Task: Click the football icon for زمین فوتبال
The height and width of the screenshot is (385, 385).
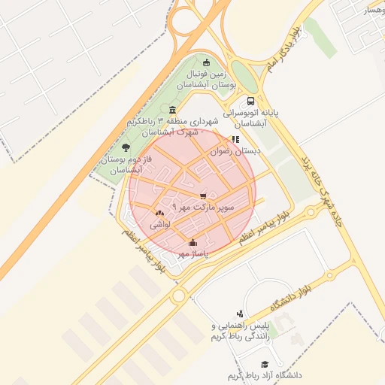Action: point(207,62)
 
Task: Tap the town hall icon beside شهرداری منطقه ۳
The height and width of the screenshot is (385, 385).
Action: point(174,110)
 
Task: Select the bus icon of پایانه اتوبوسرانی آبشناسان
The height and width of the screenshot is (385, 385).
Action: point(250,101)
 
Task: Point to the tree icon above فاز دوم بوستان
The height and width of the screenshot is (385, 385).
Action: point(125,148)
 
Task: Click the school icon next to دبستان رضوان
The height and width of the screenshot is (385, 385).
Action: point(235,140)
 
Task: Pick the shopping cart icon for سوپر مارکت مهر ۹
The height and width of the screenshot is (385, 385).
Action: point(202,196)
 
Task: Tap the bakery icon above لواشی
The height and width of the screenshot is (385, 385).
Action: point(159,214)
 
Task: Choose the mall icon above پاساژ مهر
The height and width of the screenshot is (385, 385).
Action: point(192,242)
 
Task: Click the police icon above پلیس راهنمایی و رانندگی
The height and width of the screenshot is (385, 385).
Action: point(239,314)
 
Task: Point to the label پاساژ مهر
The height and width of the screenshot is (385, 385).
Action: point(192,254)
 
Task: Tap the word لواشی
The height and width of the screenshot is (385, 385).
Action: point(160,224)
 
